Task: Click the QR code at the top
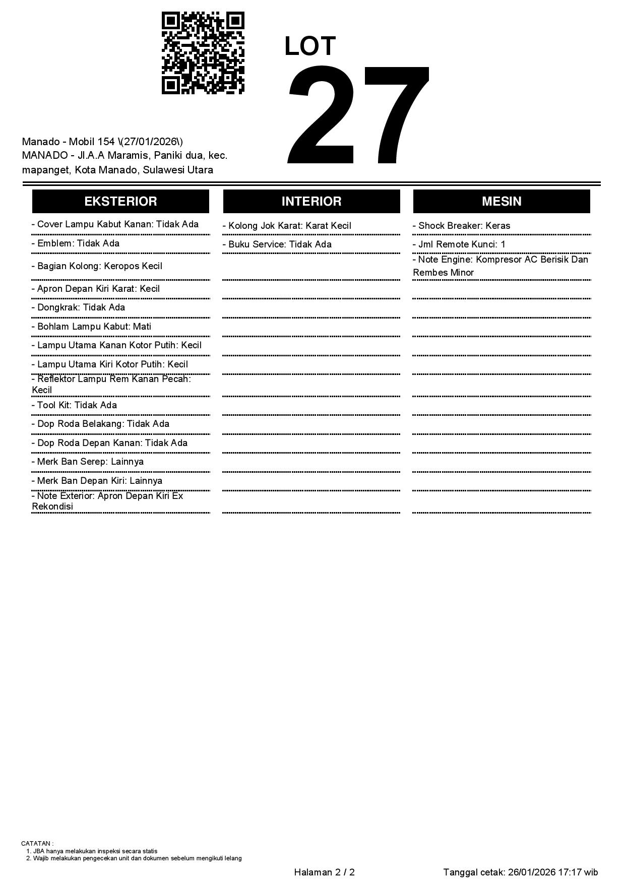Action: pos(203,53)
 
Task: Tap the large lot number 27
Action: pos(358,116)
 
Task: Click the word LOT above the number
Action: pos(310,46)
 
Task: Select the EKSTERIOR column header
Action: pos(120,201)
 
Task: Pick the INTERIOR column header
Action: pos(311,201)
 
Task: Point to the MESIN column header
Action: pos(502,201)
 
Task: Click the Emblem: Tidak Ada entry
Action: pos(76,243)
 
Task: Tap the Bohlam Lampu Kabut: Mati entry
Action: pos(91,327)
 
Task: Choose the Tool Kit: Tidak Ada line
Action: pos(74,405)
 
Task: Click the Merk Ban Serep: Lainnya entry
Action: pos(88,462)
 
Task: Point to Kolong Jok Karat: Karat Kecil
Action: pos(287,226)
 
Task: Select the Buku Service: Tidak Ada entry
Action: pos(277,244)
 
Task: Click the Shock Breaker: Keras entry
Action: pos(461,226)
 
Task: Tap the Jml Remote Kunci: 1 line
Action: pos(459,244)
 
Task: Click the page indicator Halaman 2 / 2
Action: pos(324,872)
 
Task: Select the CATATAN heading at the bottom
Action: pos(37,843)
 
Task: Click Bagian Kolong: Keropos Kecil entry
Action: pos(97,266)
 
